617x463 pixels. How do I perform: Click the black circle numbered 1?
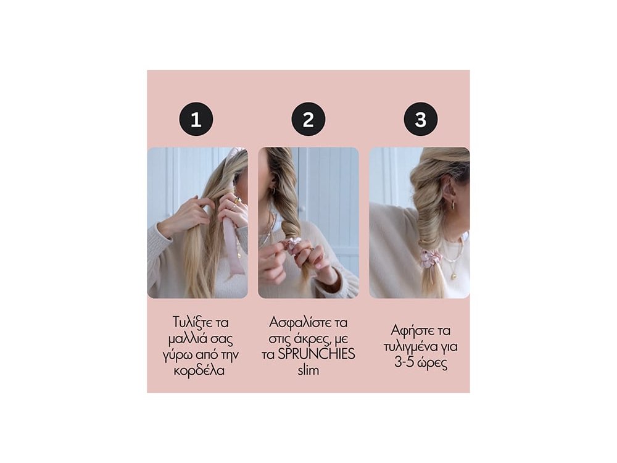[x=196, y=119]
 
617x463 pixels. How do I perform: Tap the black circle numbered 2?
[x=308, y=119]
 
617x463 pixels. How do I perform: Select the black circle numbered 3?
[x=421, y=119]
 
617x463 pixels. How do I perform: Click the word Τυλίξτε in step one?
[x=191, y=322]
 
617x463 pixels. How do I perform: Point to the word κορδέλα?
[x=199, y=370]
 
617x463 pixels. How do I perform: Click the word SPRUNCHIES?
[x=317, y=354]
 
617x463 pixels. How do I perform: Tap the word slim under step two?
[x=308, y=370]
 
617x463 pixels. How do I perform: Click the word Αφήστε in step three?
[x=409, y=330]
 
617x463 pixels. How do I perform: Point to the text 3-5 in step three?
[x=404, y=362]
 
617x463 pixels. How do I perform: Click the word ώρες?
[x=433, y=364]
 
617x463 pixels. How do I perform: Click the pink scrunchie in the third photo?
[x=431, y=259]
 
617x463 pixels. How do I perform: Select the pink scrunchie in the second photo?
[x=292, y=245]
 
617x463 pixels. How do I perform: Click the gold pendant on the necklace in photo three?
[x=454, y=275]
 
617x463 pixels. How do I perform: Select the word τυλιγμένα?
[x=414, y=347]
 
